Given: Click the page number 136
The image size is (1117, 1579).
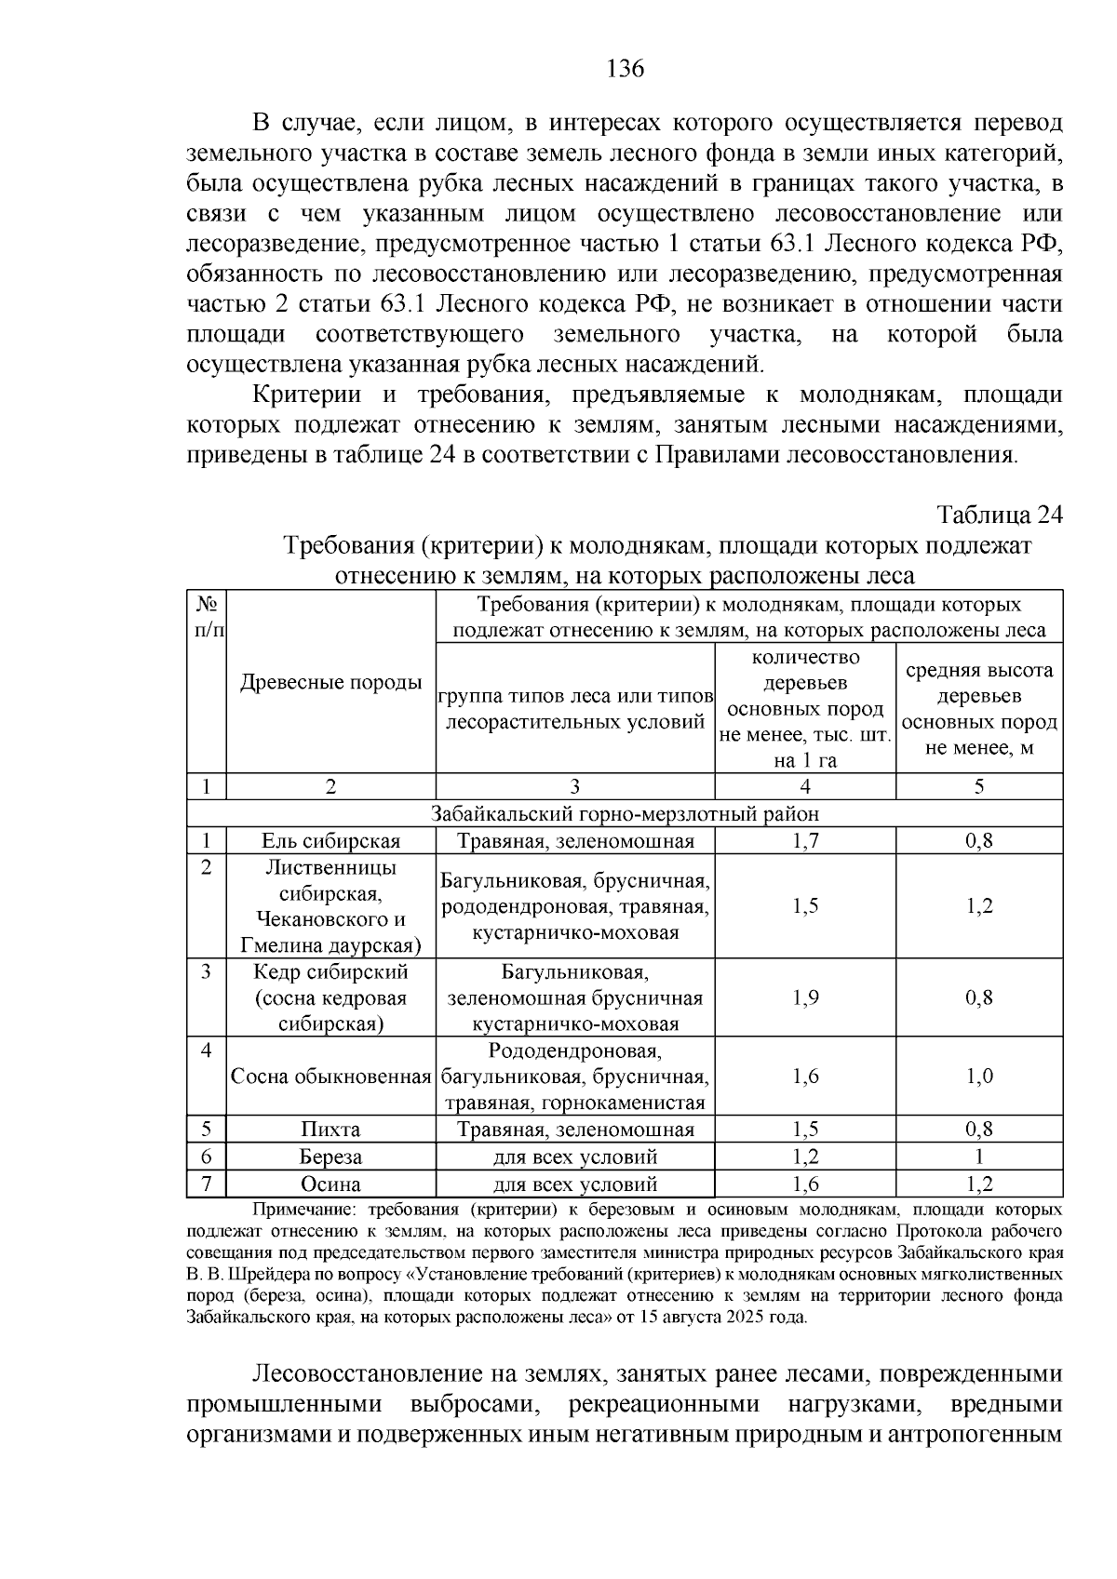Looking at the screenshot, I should (x=625, y=69).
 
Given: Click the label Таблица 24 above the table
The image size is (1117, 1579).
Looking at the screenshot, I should (x=999, y=515).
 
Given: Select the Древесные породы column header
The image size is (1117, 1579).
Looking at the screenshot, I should (x=330, y=682).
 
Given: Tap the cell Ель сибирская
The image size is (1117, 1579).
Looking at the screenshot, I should (x=330, y=841).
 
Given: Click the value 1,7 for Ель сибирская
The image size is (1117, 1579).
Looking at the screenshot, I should (x=805, y=841).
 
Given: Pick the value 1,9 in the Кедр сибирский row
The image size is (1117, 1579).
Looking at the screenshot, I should (x=805, y=997).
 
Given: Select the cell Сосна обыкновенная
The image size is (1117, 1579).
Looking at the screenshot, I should (x=330, y=1077).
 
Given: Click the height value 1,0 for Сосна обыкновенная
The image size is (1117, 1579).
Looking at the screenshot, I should (x=978, y=1077).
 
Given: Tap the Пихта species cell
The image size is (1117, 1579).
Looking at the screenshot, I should (x=330, y=1130).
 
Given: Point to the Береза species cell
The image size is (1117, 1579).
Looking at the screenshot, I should (x=330, y=1157).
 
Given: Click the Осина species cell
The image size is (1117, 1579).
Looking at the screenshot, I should (x=330, y=1184).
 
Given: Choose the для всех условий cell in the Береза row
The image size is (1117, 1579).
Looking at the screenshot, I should (x=574, y=1157).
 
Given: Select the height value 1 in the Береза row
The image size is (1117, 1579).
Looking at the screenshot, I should (x=978, y=1157).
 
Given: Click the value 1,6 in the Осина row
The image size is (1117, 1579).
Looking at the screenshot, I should (x=805, y=1184).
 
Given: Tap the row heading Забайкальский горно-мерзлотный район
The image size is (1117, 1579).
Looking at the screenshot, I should (x=625, y=814).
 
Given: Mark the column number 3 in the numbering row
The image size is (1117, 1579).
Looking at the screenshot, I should (x=574, y=786).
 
